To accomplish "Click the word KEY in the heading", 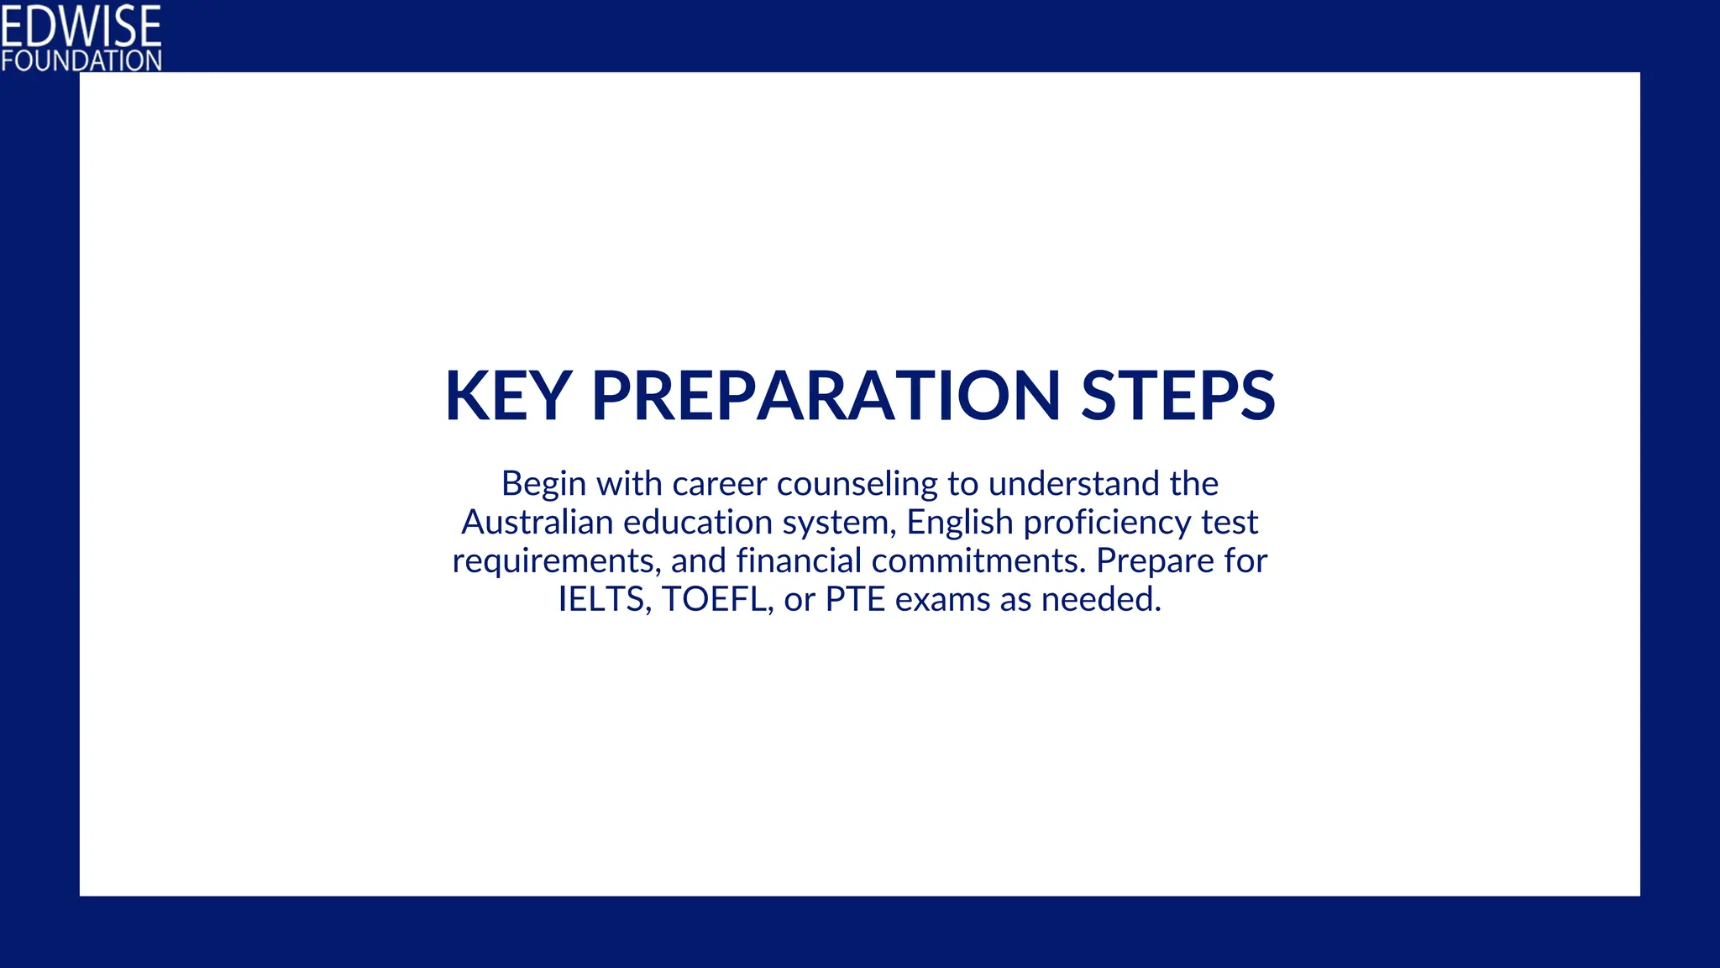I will click(x=508, y=396).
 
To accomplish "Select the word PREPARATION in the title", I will click(x=826, y=396).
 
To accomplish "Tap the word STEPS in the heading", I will click(x=1177, y=396).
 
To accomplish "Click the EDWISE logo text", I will click(x=81, y=26).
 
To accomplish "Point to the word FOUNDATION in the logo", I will click(x=81, y=60).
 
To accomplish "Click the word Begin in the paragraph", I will click(x=543, y=485).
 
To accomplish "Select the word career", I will click(x=720, y=484).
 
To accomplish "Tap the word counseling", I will click(x=857, y=485).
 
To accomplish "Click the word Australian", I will click(x=537, y=523).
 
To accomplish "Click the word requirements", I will click(x=556, y=562).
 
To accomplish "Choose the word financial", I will click(x=799, y=560).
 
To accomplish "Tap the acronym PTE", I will click(x=855, y=600).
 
